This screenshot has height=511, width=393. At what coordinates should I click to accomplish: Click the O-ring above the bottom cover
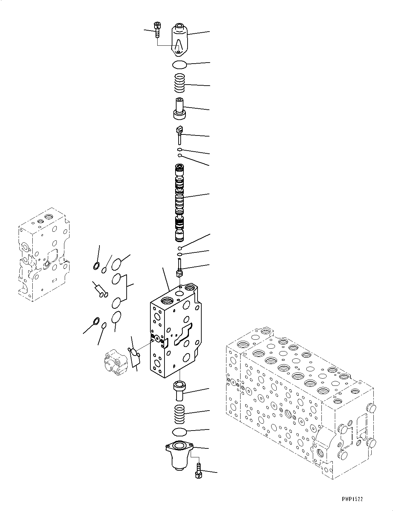coord(179,432)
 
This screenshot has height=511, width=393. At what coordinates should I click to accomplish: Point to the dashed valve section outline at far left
coord(43,254)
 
